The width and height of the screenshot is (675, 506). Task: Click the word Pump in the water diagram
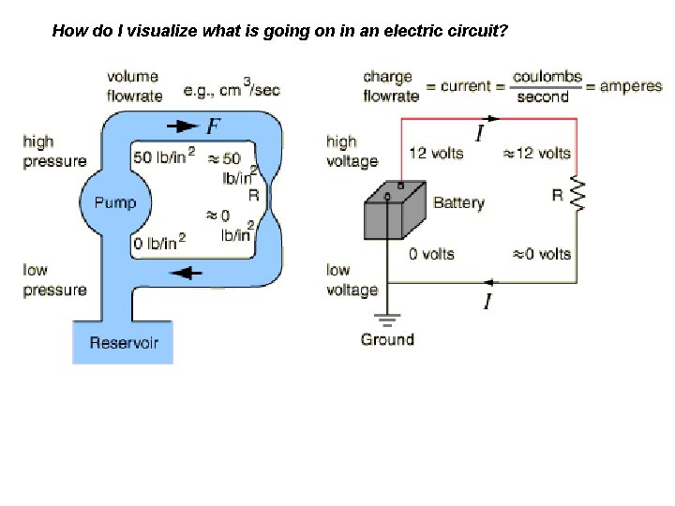click(115, 202)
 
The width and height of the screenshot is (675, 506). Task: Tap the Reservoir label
click(124, 343)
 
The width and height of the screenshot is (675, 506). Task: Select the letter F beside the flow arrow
click(213, 126)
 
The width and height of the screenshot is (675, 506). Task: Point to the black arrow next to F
click(183, 126)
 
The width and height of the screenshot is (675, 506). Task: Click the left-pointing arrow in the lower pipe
click(186, 273)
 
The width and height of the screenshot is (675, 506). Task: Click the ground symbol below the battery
click(387, 320)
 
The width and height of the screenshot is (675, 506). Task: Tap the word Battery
click(458, 202)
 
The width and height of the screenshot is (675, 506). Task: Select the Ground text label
click(387, 339)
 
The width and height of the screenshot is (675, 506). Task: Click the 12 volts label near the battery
click(436, 153)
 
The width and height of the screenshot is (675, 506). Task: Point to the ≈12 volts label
click(537, 153)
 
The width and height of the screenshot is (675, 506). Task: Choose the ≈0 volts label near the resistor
click(542, 254)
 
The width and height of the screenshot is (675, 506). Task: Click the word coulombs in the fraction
click(547, 77)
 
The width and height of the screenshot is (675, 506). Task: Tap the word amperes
click(631, 86)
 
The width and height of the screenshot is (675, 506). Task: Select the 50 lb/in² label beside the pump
click(164, 156)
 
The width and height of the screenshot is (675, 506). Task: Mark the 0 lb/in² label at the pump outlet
click(159, 242)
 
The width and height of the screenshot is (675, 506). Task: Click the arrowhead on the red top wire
click(492, 118)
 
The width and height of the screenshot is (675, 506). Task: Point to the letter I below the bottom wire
click(487, 301)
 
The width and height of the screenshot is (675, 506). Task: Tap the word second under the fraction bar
click(543, 97)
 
